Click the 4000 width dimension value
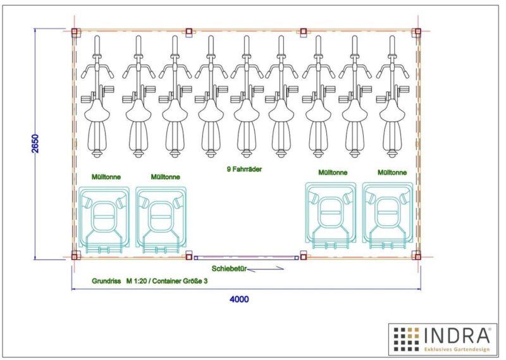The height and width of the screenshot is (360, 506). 239,299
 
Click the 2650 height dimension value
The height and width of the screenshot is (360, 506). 35,144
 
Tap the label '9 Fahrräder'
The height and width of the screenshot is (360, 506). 244,169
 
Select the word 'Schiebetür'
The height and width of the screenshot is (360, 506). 229,269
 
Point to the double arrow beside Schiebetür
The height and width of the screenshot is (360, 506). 266,269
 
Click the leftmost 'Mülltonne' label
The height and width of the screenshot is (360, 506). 106,177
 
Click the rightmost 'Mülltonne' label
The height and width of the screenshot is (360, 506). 392,173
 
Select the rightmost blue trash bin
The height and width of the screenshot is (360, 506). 388,216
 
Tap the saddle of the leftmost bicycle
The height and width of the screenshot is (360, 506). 97,111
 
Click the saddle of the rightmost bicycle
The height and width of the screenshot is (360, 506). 392,111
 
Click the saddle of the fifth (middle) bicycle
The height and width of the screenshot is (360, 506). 247,111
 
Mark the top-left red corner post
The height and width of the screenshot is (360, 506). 75,32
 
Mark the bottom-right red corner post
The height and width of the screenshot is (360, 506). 417,257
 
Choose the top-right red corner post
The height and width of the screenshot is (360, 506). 417,32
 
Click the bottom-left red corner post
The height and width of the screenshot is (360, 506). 75,257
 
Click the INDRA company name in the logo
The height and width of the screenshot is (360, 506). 456,335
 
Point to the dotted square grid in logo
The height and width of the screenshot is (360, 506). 406,339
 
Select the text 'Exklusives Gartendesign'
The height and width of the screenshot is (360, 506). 457,349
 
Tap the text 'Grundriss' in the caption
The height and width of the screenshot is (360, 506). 106,281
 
